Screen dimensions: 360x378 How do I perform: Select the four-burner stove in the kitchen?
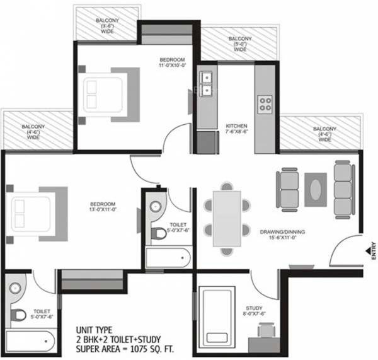[x=265, y=102]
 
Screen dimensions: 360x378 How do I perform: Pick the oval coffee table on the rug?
[x=316, y=186]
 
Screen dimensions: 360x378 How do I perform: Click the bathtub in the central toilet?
[x=168, y=258]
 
